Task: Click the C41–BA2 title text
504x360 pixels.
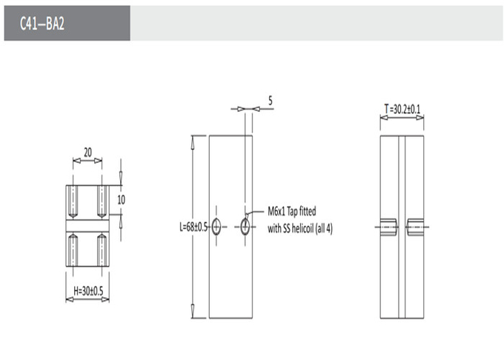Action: [42, 23]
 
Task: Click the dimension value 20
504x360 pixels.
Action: [87, 152]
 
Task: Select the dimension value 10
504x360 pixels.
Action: [121, 200]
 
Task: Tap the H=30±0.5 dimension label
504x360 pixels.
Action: [88, 291]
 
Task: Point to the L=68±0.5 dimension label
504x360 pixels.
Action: [193, 227]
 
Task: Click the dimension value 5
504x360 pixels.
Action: [271, 101]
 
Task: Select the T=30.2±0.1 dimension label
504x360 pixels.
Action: [402, 109]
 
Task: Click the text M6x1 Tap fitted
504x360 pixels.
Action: [292, 211]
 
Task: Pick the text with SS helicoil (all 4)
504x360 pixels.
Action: [300, 228]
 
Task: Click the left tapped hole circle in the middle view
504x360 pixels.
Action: [216, 227]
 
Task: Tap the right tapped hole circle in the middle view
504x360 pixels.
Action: [245, 227]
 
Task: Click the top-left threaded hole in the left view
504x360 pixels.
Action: [73, 201]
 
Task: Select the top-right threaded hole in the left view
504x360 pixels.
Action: [102, 201]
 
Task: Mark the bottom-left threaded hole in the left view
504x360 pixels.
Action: [73, 250]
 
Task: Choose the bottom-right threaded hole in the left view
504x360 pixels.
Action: [102, 250]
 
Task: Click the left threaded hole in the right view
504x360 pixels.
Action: [389, 227]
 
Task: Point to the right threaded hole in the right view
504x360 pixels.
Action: [415, 227]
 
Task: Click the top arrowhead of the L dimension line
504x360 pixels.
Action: [192, 142]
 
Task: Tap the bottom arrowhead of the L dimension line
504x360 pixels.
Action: [192, 311]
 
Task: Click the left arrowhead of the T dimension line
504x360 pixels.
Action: [384, 118]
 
